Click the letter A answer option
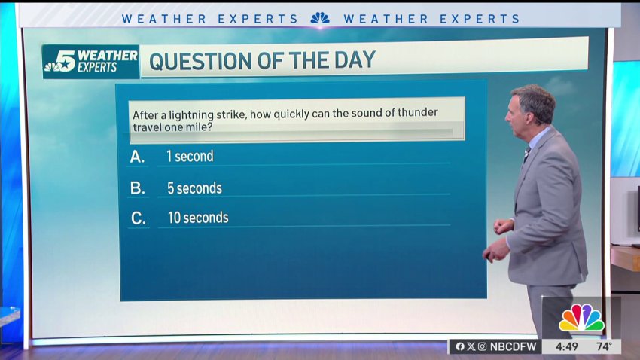click(137, 157)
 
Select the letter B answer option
click(138, 188)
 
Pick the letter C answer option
click(139, 218)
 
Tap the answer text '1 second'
click(190, 157)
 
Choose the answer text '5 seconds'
click(195, 188)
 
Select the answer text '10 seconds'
click(198, 218)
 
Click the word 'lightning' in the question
click(191, 115)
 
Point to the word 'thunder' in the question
click(418, 112)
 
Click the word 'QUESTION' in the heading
click(200, 61)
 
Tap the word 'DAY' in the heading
click(355, 59)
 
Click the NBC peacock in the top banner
click(320, 18)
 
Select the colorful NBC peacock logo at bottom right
click(581, 318)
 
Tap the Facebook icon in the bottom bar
click(460, 346)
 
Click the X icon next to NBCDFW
click(471, 346)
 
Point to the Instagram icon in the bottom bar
click(482, 346)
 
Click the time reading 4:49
click(566, 347)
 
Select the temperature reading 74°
click(604, 346)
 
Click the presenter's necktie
click(527, 155)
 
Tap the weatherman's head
click(531, 106)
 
